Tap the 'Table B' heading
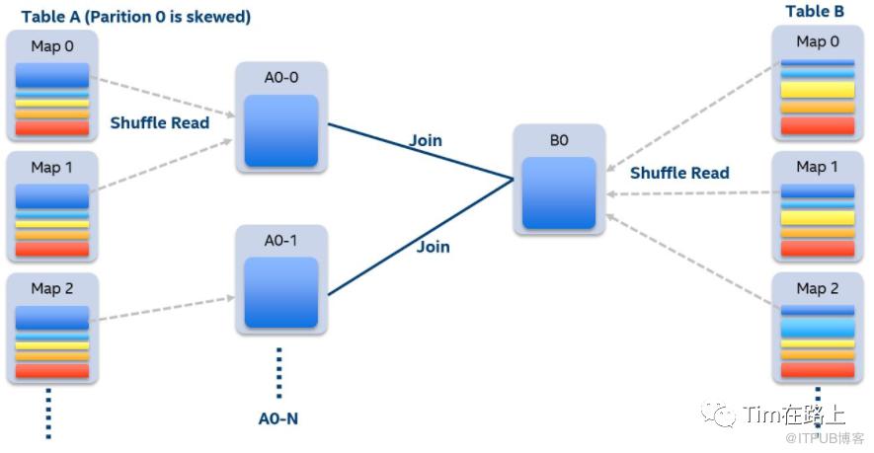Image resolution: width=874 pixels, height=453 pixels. pos(815,11)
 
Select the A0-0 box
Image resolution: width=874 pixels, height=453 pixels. pos(280,116)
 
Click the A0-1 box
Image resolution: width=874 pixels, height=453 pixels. pos(280,279)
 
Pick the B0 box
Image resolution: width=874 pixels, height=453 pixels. pos(559,181)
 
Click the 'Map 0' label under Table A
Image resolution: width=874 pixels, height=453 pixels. pos(52,45)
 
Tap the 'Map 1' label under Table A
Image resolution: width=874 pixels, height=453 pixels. pos(52,167)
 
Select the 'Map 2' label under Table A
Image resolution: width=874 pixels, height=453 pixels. pos(52,289)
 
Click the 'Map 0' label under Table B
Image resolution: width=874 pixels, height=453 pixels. pos(817,41)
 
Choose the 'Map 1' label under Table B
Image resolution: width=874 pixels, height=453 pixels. pos(817,167)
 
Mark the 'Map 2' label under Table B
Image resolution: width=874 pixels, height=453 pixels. pos(817,288)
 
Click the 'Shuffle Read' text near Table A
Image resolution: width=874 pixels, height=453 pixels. pos(160,122)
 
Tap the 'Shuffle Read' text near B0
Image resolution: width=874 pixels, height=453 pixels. pos(679,173)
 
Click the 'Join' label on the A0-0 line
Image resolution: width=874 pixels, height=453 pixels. pos(426,140)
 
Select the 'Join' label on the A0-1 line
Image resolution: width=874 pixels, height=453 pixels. pos(433,247)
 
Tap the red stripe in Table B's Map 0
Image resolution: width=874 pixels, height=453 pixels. pos(817,125)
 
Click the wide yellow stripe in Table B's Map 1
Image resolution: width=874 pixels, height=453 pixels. pos(817,218)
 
